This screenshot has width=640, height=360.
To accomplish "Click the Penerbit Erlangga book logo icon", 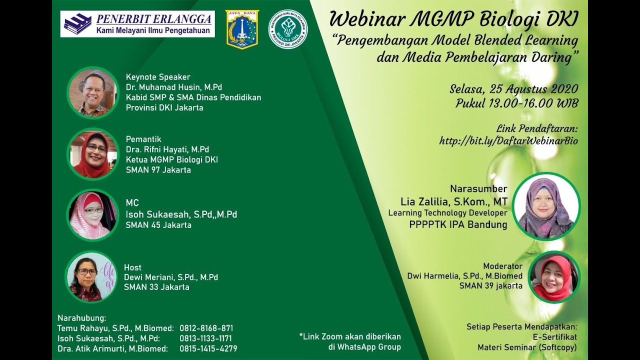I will tap(77, 23).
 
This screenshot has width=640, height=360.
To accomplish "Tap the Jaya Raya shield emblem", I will tap(241, 29).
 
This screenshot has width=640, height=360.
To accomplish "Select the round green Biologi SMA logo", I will tap(288, 29).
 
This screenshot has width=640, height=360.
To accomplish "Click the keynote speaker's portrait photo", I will tap(92, 92).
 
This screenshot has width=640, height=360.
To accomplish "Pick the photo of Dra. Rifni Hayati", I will tap(92, 154).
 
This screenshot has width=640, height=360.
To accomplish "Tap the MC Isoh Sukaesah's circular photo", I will tap(92, 215).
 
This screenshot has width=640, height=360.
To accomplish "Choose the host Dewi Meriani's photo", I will tap(91, 277).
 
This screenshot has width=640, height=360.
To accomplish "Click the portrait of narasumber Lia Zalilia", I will tap(546, 206).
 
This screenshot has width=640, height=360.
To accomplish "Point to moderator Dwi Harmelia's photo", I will tap(554, 277).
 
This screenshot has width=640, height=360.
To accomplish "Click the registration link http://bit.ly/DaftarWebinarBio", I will tap(508, 141).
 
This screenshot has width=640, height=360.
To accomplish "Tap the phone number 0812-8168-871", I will tap(206, 328).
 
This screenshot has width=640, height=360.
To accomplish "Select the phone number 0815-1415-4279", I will tap(208, 348).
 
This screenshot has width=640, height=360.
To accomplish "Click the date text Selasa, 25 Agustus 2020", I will tap(513, 89).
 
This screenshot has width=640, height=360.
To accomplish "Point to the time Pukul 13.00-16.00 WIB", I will tap(516, 103).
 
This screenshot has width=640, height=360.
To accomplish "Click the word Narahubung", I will tap(81, 318).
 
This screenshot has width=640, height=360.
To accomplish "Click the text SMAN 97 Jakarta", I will tap(158, 169).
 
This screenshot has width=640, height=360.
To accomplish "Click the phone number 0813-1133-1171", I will tap(205, 338).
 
